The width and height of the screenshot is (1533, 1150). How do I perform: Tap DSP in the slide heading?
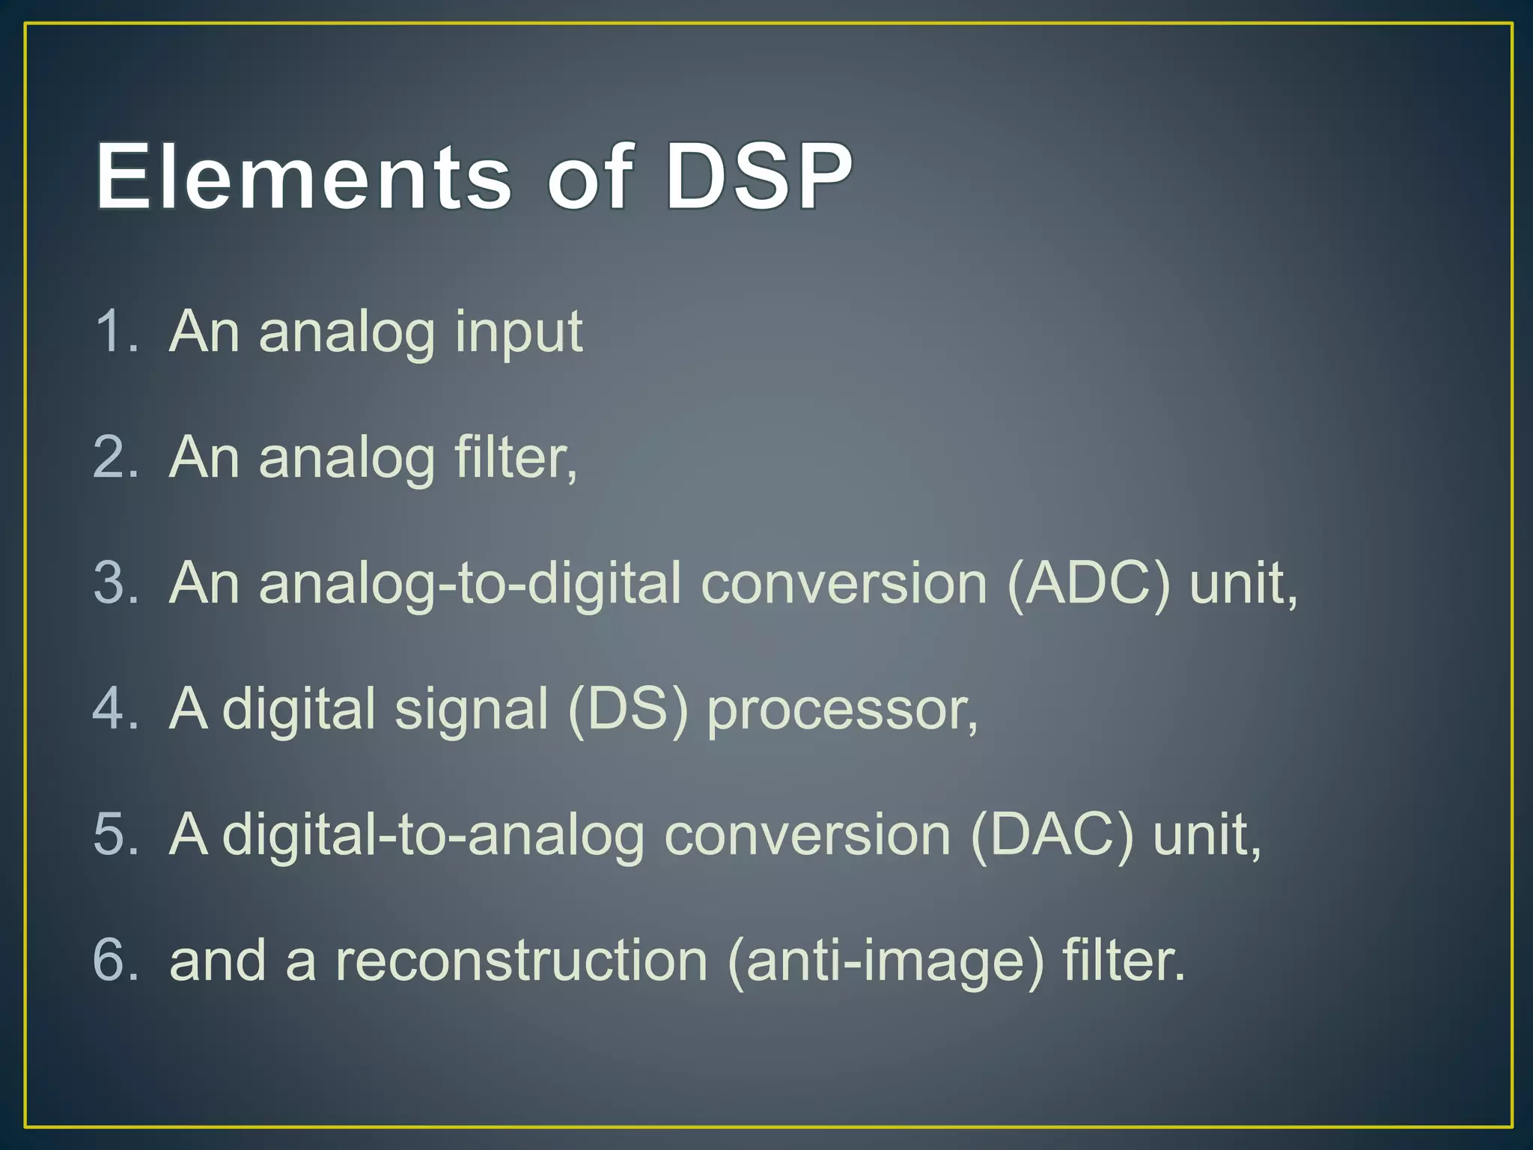pyautogui.click(x=758, y=177)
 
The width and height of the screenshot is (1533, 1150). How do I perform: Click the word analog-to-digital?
pyautogui.click(x=424, y=584)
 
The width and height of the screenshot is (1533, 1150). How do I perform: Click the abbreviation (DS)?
pyautogui.click(x=627, y=708)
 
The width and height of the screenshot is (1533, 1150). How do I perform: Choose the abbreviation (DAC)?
pyautogui.click(x=1052, y=834)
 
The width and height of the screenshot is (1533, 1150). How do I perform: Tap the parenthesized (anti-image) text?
pyautogui.click(x=885, y=961)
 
